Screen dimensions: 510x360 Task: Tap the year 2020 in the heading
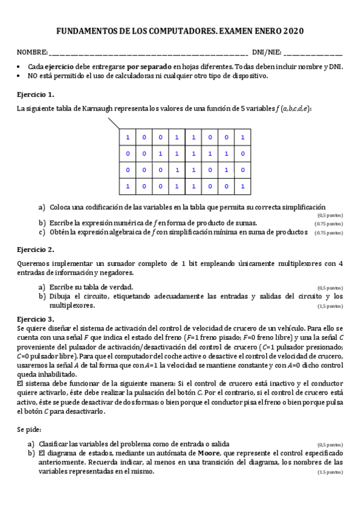[x=293, y=31]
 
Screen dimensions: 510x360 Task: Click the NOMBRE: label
[x=32, y=53]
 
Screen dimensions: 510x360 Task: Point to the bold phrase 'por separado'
[x=150, y=67]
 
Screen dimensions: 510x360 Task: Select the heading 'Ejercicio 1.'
[x=35, y=94]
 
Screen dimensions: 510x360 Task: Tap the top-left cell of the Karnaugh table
[x=127, y=138]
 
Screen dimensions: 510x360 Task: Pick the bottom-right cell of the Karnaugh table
[x=242, y=186]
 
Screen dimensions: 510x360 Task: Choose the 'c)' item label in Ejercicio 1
[x=42, y=232]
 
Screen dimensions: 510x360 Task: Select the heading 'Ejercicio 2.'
[x=35, y=249]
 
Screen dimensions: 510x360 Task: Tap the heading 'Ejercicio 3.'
[x=35, y=319]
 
